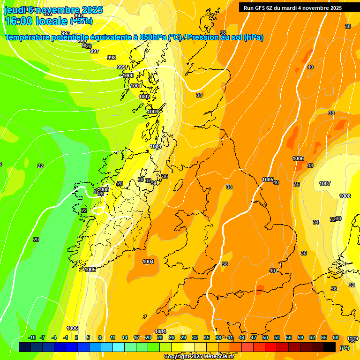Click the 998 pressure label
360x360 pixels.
pyautogui.click(x=112, y=58)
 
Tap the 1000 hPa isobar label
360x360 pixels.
pyautogui.click(x=127, y=75)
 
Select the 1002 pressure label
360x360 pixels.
pyautogui.click(x=144, y=97)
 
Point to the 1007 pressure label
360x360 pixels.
pyautogui.click(x=325, y=183)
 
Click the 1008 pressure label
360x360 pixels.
pyautogui.click(x=345, y=196)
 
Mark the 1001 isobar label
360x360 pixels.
pyautogui.click(x=136, y=86)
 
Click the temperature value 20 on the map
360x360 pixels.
pyautogui.click(x=36, y=240)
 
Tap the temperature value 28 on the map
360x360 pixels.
pyautogui.click(x=120, y=183)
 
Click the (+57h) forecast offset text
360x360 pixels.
pyautogui.click(x=81, y=21)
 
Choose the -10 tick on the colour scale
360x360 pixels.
pyautogui.click(x=32, y=337)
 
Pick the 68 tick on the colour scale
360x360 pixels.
pyautogui.click(x=336, y=337)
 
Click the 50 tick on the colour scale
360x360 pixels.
pyautogui.click(x=265, y=337)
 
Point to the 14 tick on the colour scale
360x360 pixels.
pyautogui.click(x=125, y=337)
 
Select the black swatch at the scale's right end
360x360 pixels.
pyautogui.click(x=330, y=347)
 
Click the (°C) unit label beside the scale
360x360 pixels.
pyautogui.click(x=345, y=347)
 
